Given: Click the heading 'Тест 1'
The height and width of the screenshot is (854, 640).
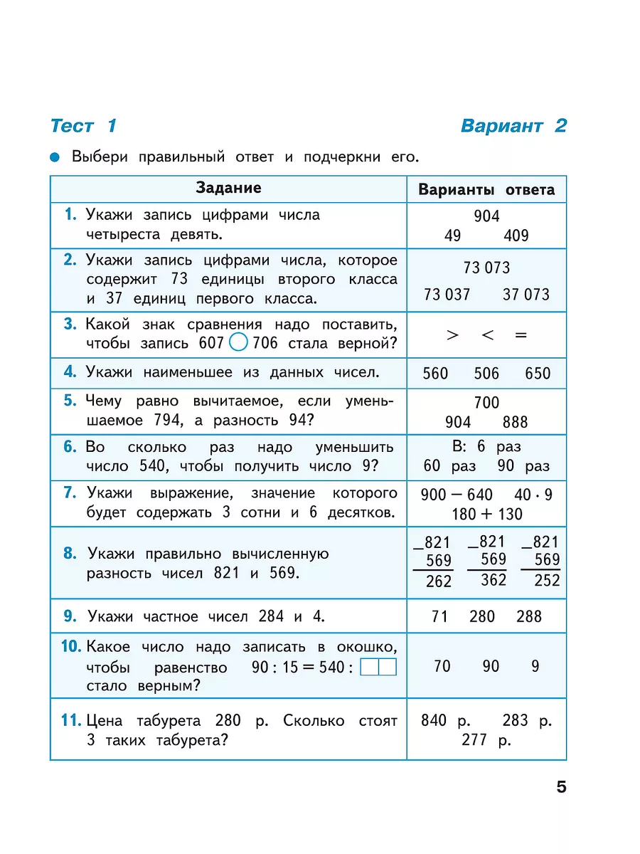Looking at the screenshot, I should click(x=83, y=126).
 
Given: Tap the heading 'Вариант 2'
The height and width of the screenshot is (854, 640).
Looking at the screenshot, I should click(x=513, y=126).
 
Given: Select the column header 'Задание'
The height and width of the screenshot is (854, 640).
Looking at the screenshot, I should click(x=228, y=188).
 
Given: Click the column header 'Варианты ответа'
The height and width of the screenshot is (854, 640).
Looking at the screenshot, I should click(x=486, y=190).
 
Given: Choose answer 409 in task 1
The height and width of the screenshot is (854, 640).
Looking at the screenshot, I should click(x=516, y=236).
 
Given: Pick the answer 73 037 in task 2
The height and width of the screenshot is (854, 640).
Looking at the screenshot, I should click(x=447, y=294).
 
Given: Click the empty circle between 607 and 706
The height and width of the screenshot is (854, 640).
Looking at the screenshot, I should click(x=240, y=343).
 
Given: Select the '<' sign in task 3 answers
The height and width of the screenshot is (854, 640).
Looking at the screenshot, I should click(x=487, y=334).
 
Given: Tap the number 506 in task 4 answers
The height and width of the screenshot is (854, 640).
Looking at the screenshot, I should click(x=486, y=373).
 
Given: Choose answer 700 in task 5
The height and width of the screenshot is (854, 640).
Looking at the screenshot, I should click(x=486, y=403).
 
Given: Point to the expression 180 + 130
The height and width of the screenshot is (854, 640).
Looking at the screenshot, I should click(x=486, y=514).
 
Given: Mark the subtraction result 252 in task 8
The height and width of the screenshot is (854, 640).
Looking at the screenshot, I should click(x=547, y=581).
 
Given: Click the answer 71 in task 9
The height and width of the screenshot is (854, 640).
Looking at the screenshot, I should click(x=439, y=616).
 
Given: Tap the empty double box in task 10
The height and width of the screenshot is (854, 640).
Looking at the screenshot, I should click(x=378, y=668).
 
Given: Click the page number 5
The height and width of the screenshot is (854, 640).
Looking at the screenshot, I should click(x=561, y=788).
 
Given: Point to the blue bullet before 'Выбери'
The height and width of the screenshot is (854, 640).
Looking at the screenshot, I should click(x=55, y=157).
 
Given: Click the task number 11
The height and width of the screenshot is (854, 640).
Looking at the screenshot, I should click(x=70, y=720).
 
